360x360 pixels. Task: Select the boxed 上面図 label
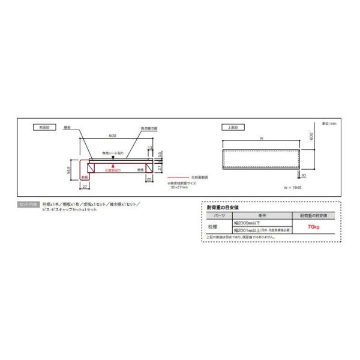pos(232,128)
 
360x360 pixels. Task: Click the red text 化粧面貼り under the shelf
pos(113,170)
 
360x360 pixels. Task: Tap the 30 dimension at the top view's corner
pos(304,176)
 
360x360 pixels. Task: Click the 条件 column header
pos(259,215)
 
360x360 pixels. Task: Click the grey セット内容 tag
pos(29,205)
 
